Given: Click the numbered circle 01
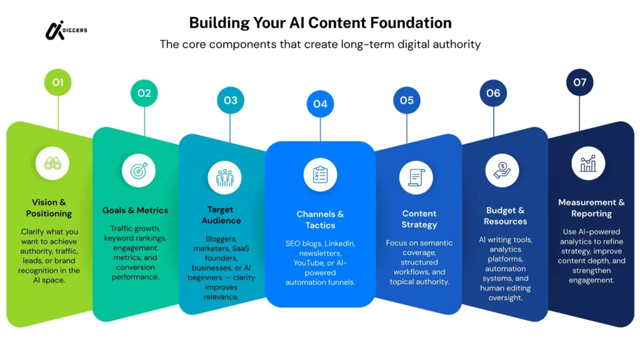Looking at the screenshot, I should tap(57, 82).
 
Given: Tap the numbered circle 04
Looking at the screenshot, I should tap(320, 104).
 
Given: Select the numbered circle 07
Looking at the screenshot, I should tap(579, 82).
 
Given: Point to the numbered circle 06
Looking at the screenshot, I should tap(493, 93).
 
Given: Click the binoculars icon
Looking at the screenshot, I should tap(52, 163).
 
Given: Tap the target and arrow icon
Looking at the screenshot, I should tap(139, 170).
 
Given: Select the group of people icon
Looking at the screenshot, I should tap(225, 177).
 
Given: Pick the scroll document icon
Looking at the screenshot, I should tap(416, 177).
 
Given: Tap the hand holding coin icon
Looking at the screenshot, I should tap(502, 170).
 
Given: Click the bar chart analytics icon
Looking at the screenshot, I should tap(588, 164).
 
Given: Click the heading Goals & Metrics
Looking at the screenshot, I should tap(135, 210).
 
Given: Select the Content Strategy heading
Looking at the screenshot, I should tap(419, 219).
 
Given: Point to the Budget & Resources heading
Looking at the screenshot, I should tap(506, 216).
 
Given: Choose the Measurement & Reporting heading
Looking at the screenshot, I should tap(591, 207).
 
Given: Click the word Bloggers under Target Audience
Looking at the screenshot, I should tap(222, 238).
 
